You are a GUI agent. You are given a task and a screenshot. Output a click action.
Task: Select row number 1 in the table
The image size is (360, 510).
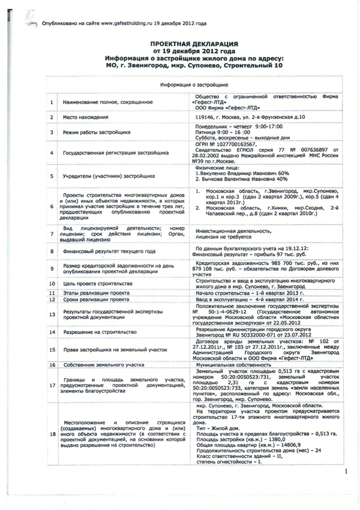tap(52, 103)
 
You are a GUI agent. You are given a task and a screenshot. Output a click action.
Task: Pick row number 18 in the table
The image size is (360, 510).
tap(52, 433)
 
